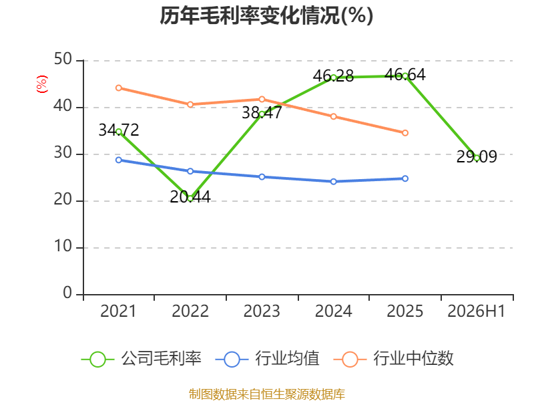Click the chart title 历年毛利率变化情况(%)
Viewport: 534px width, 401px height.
(x=266, y=15)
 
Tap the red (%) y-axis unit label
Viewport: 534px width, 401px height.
(x=42, y=84)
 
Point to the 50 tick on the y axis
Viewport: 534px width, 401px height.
(x=63, y=59)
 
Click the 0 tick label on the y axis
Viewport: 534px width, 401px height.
(x=67, y=293)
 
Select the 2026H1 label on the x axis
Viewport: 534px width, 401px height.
(x=476, y=311)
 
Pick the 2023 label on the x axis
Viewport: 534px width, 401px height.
(x=262, y=311)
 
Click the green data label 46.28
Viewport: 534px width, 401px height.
(x=333, y=76)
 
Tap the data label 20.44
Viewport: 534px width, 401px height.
(x=190, y=196)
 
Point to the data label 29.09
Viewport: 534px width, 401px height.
(x=477, y=156)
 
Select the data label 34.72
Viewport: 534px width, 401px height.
(x=119, y=130)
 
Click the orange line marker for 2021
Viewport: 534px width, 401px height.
(x=119, y=88)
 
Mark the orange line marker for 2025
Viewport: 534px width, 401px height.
(x=405, y=132)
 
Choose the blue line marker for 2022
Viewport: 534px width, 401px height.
(x=190, y=171)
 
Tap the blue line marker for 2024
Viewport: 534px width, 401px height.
(x=333, y=181)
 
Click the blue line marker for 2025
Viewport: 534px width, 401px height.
(x=405, y=178)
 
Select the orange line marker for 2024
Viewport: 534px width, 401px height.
(x=333, y=116)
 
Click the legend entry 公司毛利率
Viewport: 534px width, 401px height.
(x=142, y=359)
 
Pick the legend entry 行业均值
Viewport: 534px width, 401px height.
(x=268, y=359)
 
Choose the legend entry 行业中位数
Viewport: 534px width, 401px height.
(x=394, y=359)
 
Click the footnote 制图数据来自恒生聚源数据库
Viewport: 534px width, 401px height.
(x=266, y=394)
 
